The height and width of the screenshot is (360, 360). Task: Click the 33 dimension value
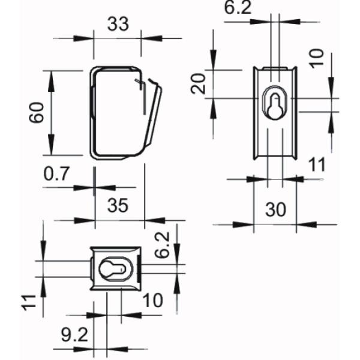(x=118, y=25)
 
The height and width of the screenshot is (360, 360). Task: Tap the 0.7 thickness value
(x=58, y=175)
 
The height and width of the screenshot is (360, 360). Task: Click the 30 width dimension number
(x=275, y=209)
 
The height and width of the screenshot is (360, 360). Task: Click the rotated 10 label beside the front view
(x=317, y=58)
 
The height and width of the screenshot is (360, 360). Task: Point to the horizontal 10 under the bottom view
(x=154, y=300)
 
